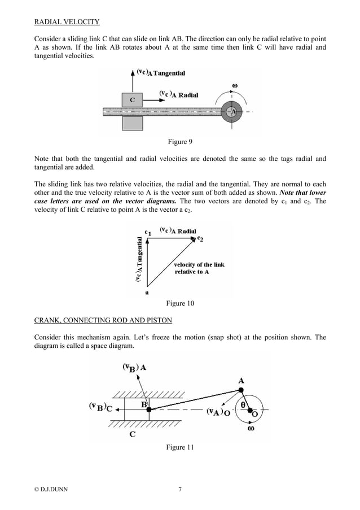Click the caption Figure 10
(179, 304)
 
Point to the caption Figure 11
(179, 447)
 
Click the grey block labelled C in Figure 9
(132, 100)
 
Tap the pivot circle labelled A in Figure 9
(231, 111)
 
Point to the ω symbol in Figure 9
(235, 86)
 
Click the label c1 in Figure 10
(147, 232)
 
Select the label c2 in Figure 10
(200, 239)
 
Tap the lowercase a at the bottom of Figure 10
(147, 293)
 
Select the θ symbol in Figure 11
(244, 405)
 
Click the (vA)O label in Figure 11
(217, 412)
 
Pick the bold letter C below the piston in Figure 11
(132, 434)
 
